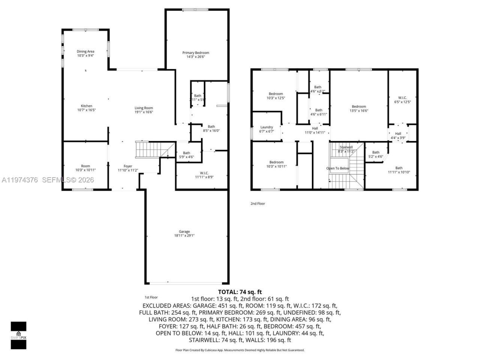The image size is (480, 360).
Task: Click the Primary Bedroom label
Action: coord(195,53)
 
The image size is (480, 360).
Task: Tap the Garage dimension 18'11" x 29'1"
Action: coord(184,236)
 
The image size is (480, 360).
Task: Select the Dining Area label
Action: coord(85,51)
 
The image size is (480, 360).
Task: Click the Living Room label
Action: coord(144,108)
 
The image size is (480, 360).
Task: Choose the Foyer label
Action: coord(128,166)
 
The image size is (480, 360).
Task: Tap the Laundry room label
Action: coord(267,127)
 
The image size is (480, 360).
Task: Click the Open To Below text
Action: coord(337,168)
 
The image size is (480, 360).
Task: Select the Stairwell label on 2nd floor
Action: coord(346,147)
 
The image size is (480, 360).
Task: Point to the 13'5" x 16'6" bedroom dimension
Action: coord(359,111)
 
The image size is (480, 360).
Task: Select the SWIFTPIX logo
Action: coord(18,335)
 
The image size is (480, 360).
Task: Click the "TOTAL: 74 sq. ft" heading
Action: coord(240,292)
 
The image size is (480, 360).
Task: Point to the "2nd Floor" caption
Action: coord(258,204)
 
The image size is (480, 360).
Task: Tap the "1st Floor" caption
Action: coord(151,297)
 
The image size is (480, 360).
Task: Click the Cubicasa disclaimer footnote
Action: coord(240,350)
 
